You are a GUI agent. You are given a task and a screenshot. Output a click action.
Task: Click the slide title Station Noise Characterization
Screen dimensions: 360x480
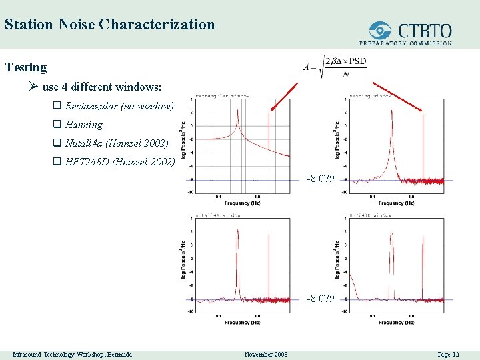[x=109, y=25]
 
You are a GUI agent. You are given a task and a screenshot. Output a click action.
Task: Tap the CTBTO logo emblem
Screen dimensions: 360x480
[x=381, y=31]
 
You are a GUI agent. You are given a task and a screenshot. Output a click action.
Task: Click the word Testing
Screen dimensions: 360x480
[x=26, y=67]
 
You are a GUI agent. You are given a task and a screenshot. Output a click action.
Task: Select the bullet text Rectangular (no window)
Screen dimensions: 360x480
[x=119, y=106]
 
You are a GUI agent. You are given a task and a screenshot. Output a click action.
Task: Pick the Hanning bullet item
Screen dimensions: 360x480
[x=83, y=125]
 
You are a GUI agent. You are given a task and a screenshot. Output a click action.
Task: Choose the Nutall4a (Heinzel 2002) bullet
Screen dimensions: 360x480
[x=117, y=143]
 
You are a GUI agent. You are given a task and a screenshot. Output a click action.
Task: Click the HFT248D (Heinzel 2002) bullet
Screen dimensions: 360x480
[x=119, y=161]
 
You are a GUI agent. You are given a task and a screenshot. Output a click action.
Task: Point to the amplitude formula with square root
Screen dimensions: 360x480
[x=335, y=67]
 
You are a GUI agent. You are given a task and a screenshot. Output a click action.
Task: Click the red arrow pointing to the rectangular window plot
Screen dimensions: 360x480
[x=285, y=96]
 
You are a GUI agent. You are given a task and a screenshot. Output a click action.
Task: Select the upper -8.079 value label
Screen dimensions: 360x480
[x=320, y=179]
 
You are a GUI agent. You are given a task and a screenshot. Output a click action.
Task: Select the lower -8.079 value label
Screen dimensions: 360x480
[x=320, y=299]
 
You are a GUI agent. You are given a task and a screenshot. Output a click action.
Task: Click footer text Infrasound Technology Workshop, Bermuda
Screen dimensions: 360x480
[x=72, y=355]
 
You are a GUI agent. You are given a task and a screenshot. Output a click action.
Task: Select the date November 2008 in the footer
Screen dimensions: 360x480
[x=266, y=355]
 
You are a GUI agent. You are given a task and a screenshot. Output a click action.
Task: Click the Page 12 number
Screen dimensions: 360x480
[x=448, y=355]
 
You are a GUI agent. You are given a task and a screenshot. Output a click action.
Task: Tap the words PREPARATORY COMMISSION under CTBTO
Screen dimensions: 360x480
[x=405, y=43]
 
